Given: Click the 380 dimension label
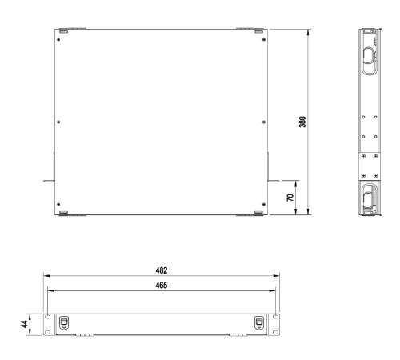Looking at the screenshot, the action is pos(302,122).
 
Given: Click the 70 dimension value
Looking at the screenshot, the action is pos(290,198).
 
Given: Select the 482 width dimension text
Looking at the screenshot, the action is pos(162,270).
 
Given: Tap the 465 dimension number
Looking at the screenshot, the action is pos(162,286).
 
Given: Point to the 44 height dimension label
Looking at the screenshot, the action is pos(24,324).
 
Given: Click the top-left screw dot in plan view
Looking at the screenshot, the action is pos(58,40).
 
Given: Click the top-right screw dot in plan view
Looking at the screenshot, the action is pos(264,40).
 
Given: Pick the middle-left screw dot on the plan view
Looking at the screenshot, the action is pos(58,122).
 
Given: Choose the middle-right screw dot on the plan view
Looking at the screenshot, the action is pos(264,122).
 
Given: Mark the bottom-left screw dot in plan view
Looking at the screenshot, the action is pos(58,205).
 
